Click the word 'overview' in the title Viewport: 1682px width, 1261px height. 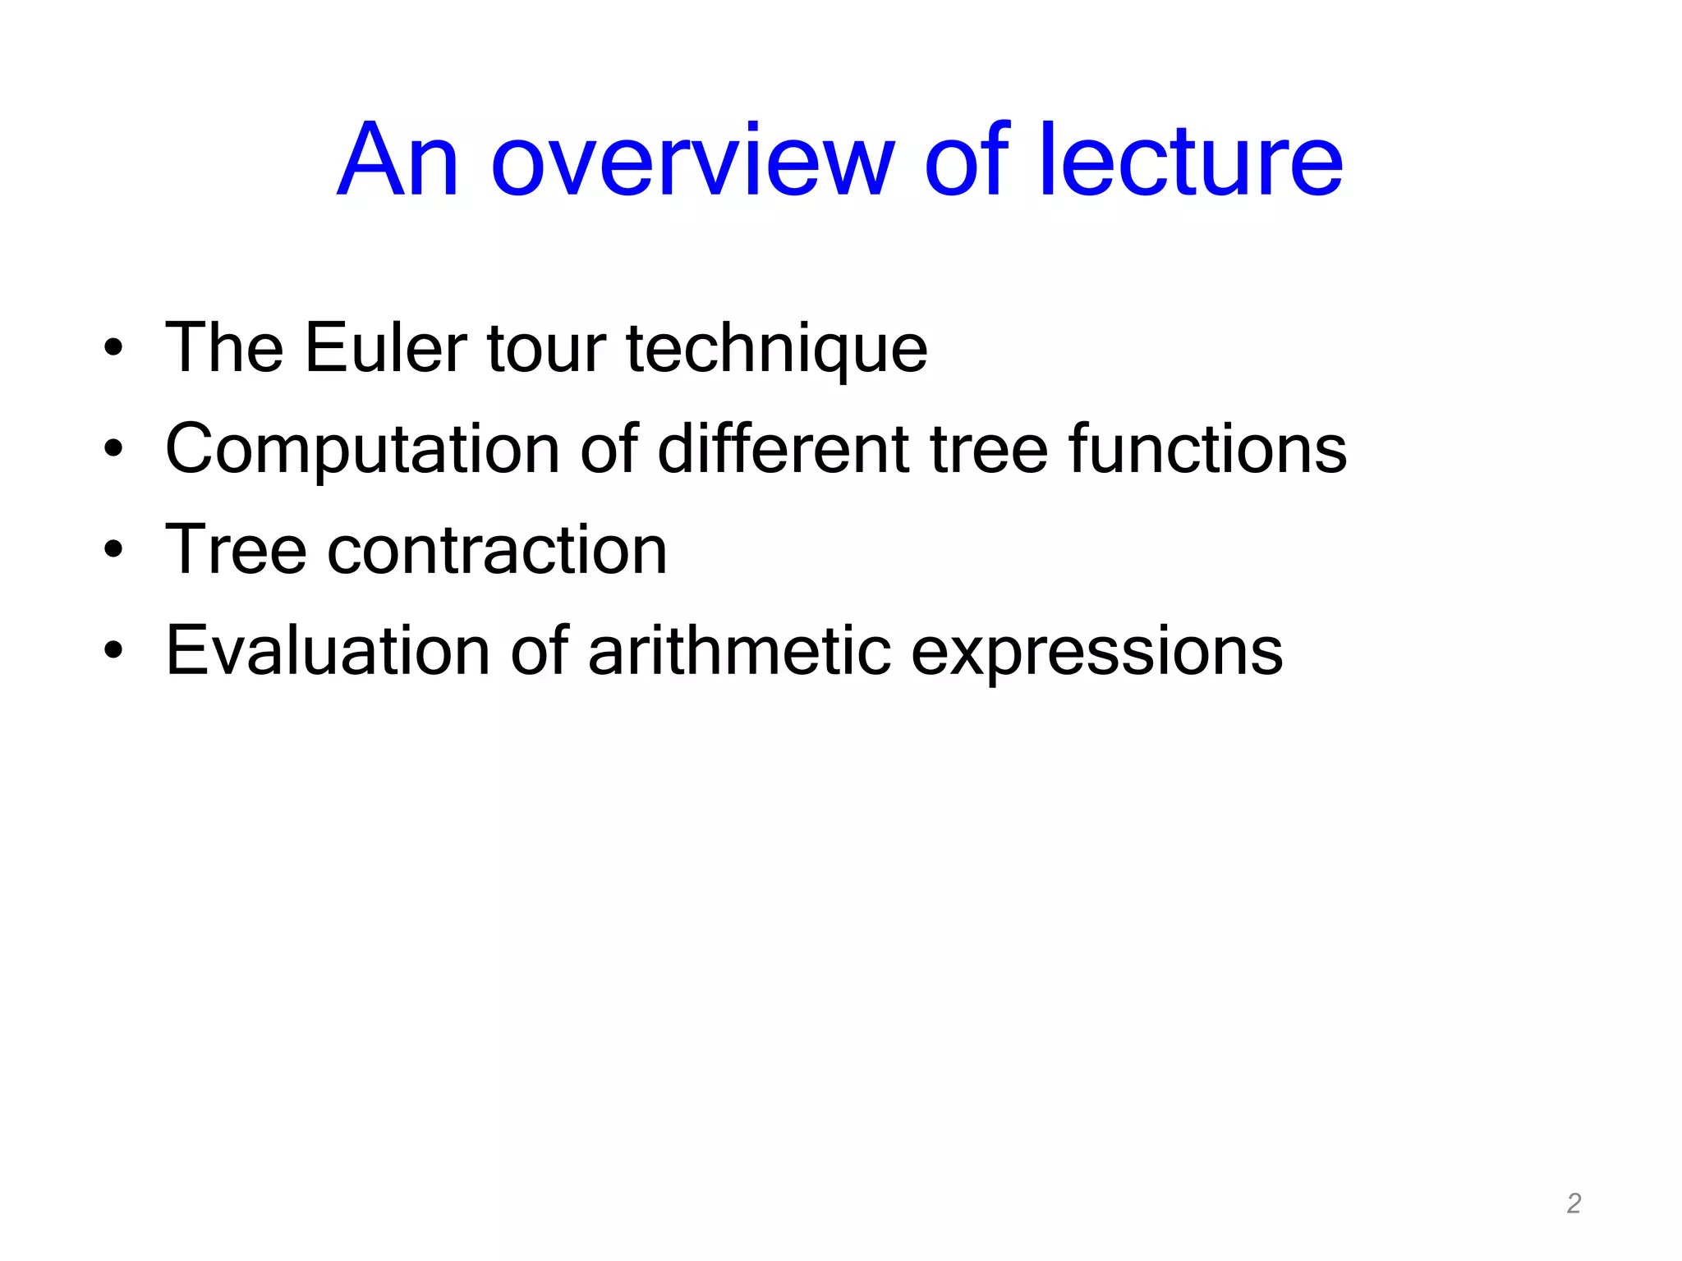pyautogui.click(x=692, y=162)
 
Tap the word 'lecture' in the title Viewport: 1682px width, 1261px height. pyautogui.click(x=1190, y=162)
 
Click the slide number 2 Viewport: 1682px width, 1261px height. pyautogui.click(x=1574, y=1204)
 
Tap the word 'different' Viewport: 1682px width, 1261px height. pyautogui.click(x=783, y=449)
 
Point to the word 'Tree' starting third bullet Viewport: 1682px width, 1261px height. pyautogui.click(x=236, y=550)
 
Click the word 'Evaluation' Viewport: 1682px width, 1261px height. pyautogui.click(x=328, y=651)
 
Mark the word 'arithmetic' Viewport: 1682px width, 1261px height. pyautogui.click(x=739, y=651)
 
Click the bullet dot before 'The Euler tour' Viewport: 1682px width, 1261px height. pyautogui.click(x=113, y=348)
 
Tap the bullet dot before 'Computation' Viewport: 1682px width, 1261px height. pyautogui.click(x=113, y=449)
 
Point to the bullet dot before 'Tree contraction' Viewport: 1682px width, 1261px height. pyautogui.click(x=113, y=550)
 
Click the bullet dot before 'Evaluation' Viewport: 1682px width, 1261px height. pyautogui.click(x=113, y=651)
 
